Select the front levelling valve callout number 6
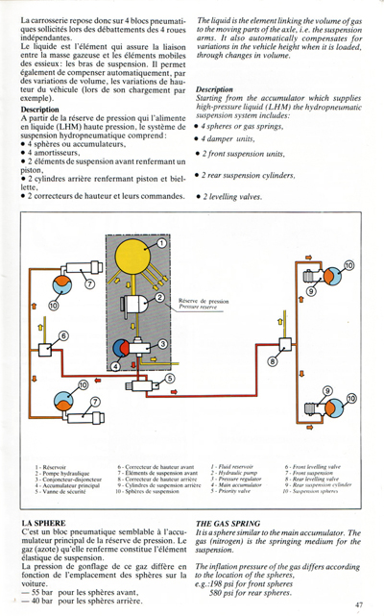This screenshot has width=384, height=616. tap(64, 335)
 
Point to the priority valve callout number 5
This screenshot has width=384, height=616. tap(170, 378)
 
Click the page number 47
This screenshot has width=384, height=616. tap(358, 604)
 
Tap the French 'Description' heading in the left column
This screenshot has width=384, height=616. tap(39, 110)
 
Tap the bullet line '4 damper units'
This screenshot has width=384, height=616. tap(231, 140)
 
